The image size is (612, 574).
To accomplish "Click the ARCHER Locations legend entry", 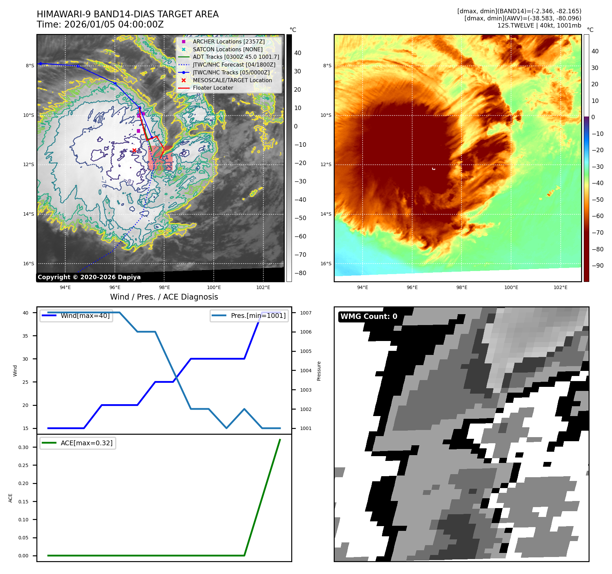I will [228, 41].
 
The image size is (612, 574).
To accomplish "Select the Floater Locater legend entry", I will [213, 88].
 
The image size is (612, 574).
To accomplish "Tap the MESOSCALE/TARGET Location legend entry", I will [232, 80].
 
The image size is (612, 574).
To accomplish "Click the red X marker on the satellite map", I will [134, 150].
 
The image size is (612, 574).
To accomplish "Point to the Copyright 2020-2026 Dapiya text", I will [89, 277].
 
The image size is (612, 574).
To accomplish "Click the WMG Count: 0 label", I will [369, 317].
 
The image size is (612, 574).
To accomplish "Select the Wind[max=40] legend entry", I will [85, 316].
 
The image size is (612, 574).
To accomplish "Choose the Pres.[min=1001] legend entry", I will [258, 316].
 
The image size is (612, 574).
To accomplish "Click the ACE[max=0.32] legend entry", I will [86, 443].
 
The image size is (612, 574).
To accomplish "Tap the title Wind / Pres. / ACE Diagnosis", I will [164, 297].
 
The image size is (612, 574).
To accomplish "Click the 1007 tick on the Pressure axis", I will [305, 313].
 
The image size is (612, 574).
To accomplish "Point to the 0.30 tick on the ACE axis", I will [23, 447].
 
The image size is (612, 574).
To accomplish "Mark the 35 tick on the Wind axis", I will [25, 336].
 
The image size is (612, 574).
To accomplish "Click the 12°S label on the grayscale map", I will [29, 165].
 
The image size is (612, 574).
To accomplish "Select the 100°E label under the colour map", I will [511, 287].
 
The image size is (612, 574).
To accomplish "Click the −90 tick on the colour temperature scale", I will [597, 266].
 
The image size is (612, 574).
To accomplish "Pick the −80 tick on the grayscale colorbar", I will [300, 273].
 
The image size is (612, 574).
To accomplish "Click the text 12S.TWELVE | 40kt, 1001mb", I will [539, 25].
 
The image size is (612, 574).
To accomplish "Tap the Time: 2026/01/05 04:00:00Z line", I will [100, 24].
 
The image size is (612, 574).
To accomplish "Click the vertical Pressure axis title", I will [319, 371].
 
